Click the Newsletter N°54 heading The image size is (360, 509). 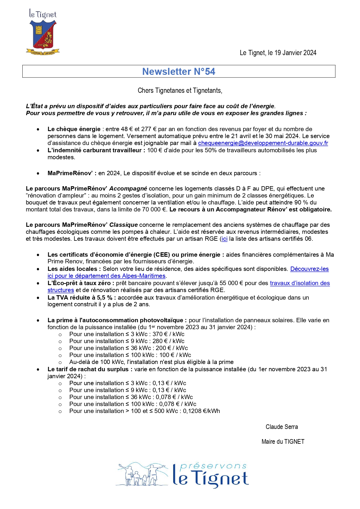coord(179,72)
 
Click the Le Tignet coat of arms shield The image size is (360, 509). coord(43,35)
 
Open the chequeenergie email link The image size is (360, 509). coord(263,143)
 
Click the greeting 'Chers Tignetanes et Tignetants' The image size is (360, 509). coord(180,90)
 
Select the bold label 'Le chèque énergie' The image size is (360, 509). coord(74,129)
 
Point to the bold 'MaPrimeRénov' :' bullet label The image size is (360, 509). coord(72,173)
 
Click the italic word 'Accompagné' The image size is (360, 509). coord(128,189)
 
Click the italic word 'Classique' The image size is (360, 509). coord(124,225)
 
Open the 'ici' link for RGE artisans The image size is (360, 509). coord(224,239)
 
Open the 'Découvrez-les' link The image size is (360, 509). coord(309,269)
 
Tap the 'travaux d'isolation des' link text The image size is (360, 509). coord(300,283)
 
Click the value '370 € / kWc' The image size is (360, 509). coord(169,334)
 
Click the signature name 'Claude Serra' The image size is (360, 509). coord(282,427)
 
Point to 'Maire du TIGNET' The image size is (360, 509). coord(283,442)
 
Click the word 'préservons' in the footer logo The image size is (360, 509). coord(213,466)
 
